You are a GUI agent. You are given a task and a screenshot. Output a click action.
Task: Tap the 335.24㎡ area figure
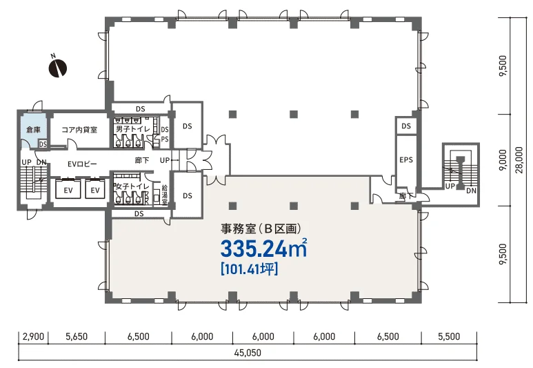264,248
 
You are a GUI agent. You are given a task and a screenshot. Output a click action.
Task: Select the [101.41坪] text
250,269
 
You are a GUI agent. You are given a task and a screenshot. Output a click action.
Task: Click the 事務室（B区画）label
261,229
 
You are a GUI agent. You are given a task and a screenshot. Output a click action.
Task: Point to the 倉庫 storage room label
33,129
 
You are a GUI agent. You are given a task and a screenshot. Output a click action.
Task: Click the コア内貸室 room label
79,130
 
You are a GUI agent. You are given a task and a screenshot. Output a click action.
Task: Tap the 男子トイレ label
133,129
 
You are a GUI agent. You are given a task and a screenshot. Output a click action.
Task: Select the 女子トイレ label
132,186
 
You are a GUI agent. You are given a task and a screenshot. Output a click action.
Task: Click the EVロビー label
82,164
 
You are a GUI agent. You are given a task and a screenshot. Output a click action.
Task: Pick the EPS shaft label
406,159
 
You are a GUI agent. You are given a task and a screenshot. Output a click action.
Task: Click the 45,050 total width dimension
248,352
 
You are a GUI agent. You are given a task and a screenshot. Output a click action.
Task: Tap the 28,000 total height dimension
519,160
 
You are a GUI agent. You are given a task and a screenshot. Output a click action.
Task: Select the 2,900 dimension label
33,336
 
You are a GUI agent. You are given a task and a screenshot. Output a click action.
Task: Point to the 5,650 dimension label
77,336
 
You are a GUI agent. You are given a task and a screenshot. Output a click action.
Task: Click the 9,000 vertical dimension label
503,160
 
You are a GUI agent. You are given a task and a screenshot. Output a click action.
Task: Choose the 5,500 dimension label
449,336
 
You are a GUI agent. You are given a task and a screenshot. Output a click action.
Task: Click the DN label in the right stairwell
471,191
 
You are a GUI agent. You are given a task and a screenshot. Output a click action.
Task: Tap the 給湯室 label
164,195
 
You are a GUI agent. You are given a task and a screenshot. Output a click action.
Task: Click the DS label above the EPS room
406,126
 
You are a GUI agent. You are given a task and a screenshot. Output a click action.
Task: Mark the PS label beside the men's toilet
165,139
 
